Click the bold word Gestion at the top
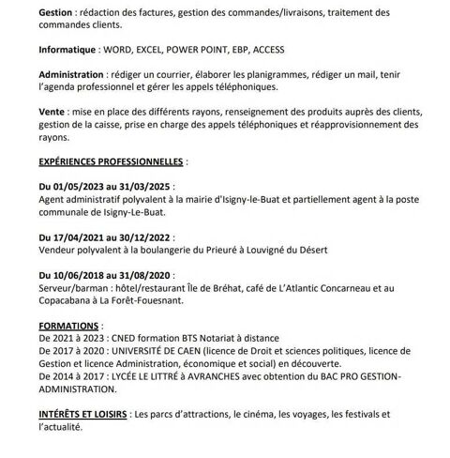pos(59,11)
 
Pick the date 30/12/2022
pos(180,238)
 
